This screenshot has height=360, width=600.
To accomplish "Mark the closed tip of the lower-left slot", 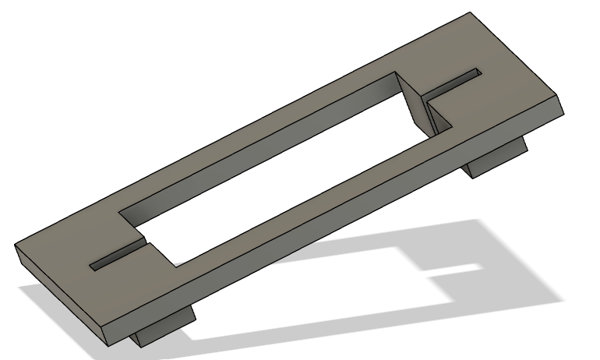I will click(93, 267).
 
